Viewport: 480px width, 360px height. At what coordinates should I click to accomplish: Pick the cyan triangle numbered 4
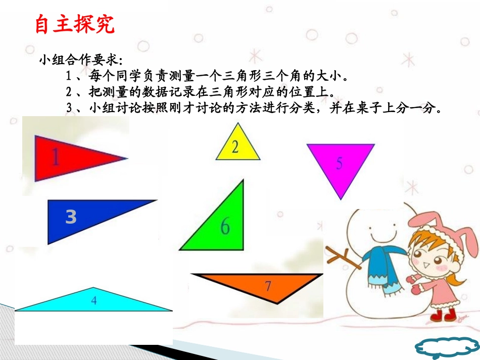tap(94, 301)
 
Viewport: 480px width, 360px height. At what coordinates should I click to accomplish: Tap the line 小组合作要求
tap(80, 61)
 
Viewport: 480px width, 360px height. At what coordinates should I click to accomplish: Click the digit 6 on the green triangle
tap(225, 227)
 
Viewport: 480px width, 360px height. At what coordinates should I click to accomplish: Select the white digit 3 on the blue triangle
tap(71, 217)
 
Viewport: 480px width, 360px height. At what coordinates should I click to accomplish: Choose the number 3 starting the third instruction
tap(69, 108)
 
